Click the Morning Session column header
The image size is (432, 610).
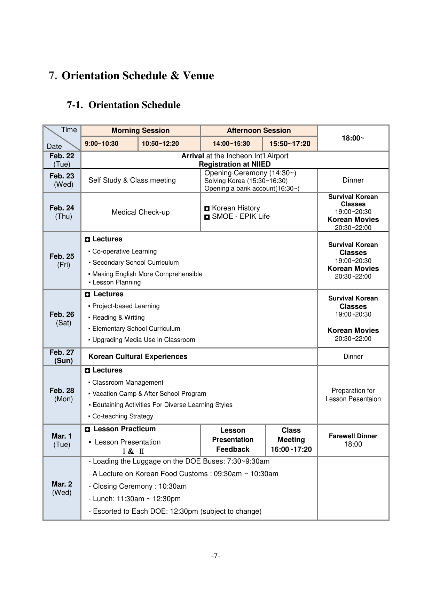pyautogui.click(x=140, y=130)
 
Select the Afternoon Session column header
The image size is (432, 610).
pyautogui.click(x=259, y=130)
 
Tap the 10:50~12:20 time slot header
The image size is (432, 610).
pyautogui.click(x=160, y=144)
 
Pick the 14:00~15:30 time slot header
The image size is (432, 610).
pyautogui.click(x=231, y=144)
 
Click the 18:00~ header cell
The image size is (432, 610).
pyautogui.click(x=353, y=138)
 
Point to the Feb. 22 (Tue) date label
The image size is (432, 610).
pyautogui.click(x=62, y=160)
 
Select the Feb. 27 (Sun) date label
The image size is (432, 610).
pyautogui.click(x=62, y=356)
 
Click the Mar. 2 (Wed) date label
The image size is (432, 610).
pyautogui.click(x=62, y=488)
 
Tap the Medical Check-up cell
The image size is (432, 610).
pyautogui.click(x=141, y=212)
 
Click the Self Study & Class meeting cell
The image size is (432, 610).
pyautogui.click(x=132, y=180)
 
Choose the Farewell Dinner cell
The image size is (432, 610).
pyautogui.click(x=353, y=440)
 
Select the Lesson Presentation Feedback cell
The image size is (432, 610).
pyautogui.click(x=233, y=440)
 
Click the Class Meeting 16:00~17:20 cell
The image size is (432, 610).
pyautogui.click(x=291, y=440)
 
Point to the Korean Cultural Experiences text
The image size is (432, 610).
pyautogui.click(x=138, y=356)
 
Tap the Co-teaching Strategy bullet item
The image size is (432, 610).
pyautogui.click(x=123, y=416)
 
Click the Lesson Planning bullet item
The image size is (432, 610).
pyautogui.click(x=116, y=282)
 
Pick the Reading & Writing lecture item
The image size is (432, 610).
pyautogui.click(x=118, y=318)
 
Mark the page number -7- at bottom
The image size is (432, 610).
pyautogui.click(x=216, y=556)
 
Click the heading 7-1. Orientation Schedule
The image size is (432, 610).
pyautogui.click(x=124, y=105)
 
